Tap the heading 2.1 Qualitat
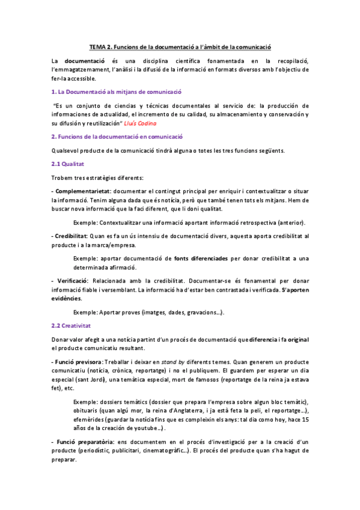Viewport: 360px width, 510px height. pyautogui.click(x=68, y=163)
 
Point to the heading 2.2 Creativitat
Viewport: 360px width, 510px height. pyautogui.click(x=71, y=325)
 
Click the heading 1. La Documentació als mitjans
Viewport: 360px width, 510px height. pyautogui.click(x=117, y=91)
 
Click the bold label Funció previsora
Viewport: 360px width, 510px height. pyautogui.click(x=78, y=363)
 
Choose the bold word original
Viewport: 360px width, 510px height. pyautogui.click(x=298, y=339)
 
